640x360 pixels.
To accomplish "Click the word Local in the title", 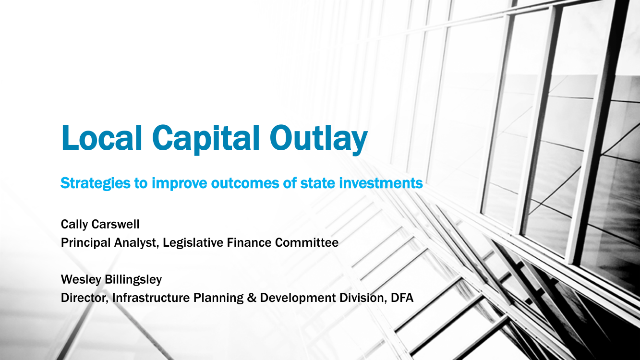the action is pyautogui.click(x=101, y=138).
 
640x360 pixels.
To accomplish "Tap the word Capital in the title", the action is pyautogui.click(x=205, y=139).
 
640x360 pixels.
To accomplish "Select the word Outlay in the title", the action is pyautogui.click(x=319, y=139).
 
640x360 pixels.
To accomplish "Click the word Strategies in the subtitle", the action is pyautogui.click(x=96, y=183).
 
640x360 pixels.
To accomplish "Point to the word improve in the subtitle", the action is pyautogui.click(x=179, y=183).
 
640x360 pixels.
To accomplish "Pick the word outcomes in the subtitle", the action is pyautogui.click(x=245, y=183).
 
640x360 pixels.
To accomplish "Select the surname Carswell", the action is pyautogui.click(x=115, y=224).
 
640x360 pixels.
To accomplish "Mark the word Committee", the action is pyautogui.click(x=307, y=242).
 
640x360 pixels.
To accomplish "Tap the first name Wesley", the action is pyautogui.click(x=81, y=280).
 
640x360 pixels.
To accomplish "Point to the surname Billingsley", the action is pyautogui.click(x=133, y=280).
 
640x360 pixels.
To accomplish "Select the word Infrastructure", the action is pyautogui.click(x=151, y=298).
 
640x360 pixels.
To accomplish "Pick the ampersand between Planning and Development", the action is pyautogui.click(x=252, y=298).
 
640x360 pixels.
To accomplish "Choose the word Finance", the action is pyautogui.click(x=249, y=242).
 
